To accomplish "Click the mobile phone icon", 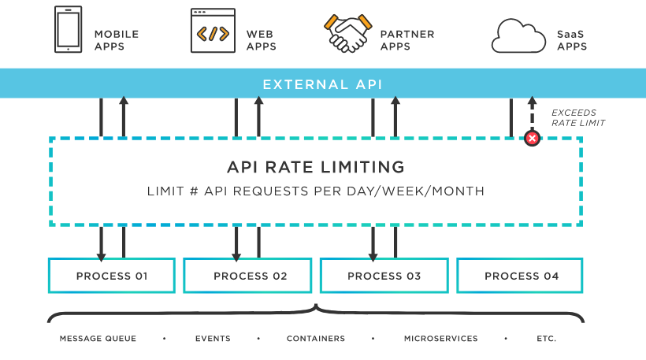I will pos(68,29).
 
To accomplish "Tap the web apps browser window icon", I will pos(213,31).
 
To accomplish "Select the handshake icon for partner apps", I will pos(347,32).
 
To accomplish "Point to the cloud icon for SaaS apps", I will pos(518,36).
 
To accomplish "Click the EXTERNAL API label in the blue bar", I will pos(322,84).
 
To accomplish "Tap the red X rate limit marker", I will pos(532,139).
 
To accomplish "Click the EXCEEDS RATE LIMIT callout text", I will pos(577,118).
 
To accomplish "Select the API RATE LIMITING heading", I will pos(315,168).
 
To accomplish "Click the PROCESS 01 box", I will pos(111,276).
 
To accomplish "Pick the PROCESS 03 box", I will pos(384,276).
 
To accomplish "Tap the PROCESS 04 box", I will pos(520,276).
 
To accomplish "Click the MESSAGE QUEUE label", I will pos(98,339).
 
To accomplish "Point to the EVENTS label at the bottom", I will pos(213,339).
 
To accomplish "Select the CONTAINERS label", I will pos(315,339).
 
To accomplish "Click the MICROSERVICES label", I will pos(440,339).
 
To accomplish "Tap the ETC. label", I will pos(546,339).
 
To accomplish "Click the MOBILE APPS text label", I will pos(116,40).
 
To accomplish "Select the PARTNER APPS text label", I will pos(407,40).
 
